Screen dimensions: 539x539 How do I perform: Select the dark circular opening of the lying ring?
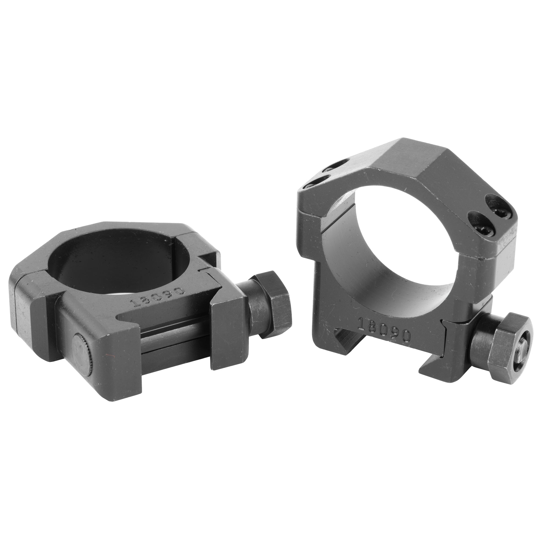[x=112, y=251]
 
